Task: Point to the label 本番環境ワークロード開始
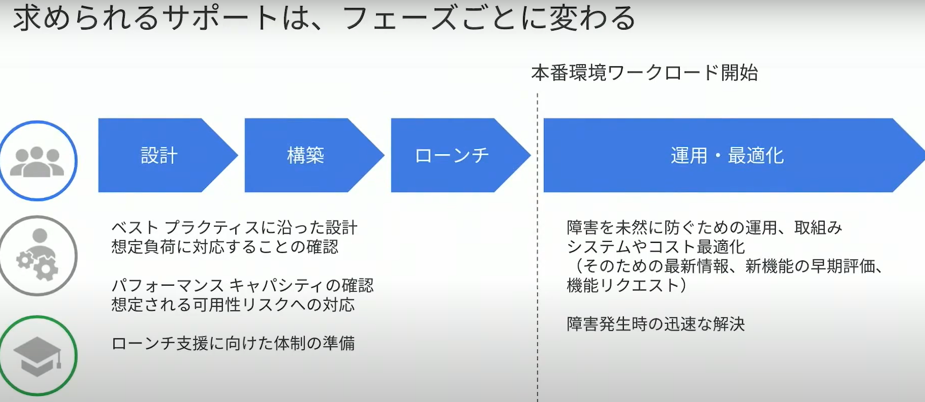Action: click(645, 73)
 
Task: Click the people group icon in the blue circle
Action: click(38, 161)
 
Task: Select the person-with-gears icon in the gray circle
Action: click(38, 255)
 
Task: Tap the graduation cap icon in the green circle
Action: click(38, 357)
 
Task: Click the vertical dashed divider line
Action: click(537, 248)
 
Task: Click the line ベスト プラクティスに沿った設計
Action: click(234, 228)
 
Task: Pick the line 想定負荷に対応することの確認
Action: click(225, 247)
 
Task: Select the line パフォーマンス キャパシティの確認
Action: click(243, 285)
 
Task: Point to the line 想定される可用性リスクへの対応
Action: click(233, 304)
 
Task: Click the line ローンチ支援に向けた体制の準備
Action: click(233, 343)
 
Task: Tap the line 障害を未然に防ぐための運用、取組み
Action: click(704, 227)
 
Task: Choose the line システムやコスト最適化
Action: click(656, 247)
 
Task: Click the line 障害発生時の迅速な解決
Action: click(656, 324)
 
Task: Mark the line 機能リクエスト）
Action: click(627, 285)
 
